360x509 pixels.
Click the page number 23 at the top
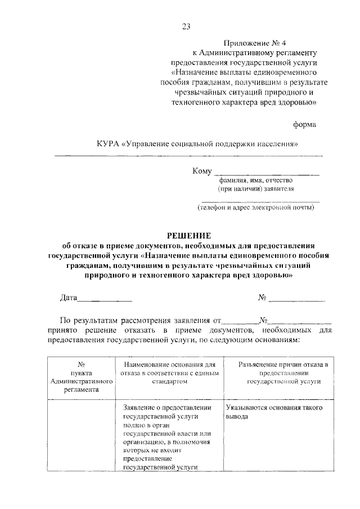pyautogui.click(x=186, y=26)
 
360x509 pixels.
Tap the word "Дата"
pyautogui.click(x=69, y=298)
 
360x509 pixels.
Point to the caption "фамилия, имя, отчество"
pyautogui.click(x=252, y=181)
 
